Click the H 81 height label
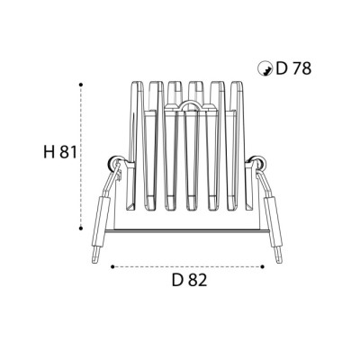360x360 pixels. (60, 152)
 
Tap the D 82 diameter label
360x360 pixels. (190, 281)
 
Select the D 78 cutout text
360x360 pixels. (293, 68)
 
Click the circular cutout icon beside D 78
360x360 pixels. (265, 68)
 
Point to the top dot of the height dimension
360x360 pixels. (81, 85)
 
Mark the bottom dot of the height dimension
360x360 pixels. (81, 229)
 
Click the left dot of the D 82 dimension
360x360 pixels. (112, 266)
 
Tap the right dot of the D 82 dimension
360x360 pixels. (263, 266)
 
